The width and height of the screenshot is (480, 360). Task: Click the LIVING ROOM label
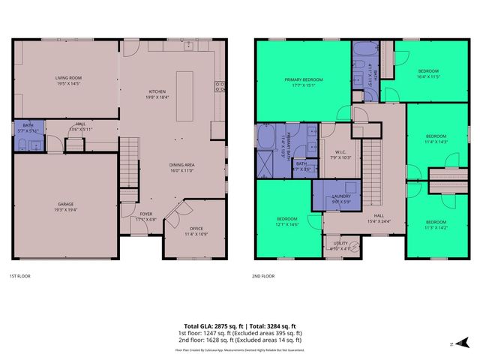point(67,77)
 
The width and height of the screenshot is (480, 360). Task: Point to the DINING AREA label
point(181,165)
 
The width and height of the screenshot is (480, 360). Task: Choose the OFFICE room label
point(196,228)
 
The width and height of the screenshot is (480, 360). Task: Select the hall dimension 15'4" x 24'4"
point(379,220)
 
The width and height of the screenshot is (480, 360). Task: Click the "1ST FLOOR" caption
point(21,275)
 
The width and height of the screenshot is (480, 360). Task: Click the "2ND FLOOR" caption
point(265,275)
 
